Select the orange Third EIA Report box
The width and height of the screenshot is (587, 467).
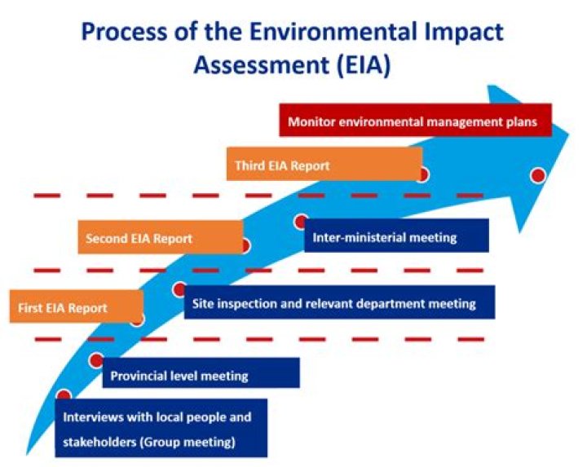(x=324, y=165)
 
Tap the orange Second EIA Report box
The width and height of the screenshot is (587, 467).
(x=160, y=238)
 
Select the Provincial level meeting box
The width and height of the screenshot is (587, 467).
(x=201, y=375)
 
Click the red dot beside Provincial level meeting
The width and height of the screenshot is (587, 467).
(x=96, y=360)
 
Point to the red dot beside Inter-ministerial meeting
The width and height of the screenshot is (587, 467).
(x=301, y=222)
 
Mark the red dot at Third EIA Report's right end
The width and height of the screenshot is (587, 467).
(x=421, y=174)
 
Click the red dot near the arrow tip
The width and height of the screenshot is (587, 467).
(x=537, y=174)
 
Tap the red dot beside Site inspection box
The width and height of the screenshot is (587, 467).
(x=179, y=289)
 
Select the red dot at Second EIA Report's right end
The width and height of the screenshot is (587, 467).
(x=244, y=245)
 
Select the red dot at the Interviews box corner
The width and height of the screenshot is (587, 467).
(x=63, y=396)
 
